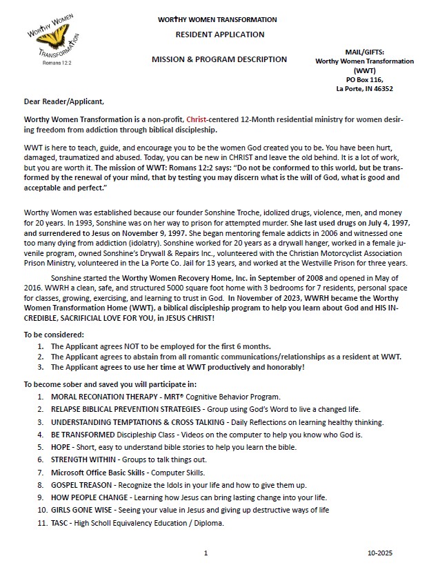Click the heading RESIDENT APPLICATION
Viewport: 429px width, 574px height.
[x=219, y=34]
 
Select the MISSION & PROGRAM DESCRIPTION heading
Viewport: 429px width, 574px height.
[x=219, y=59]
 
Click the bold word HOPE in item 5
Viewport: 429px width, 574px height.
[x=61, y=447]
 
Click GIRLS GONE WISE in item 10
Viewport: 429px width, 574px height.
[x=79, y=510]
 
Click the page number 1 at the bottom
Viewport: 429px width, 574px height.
[x=206, y=553]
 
